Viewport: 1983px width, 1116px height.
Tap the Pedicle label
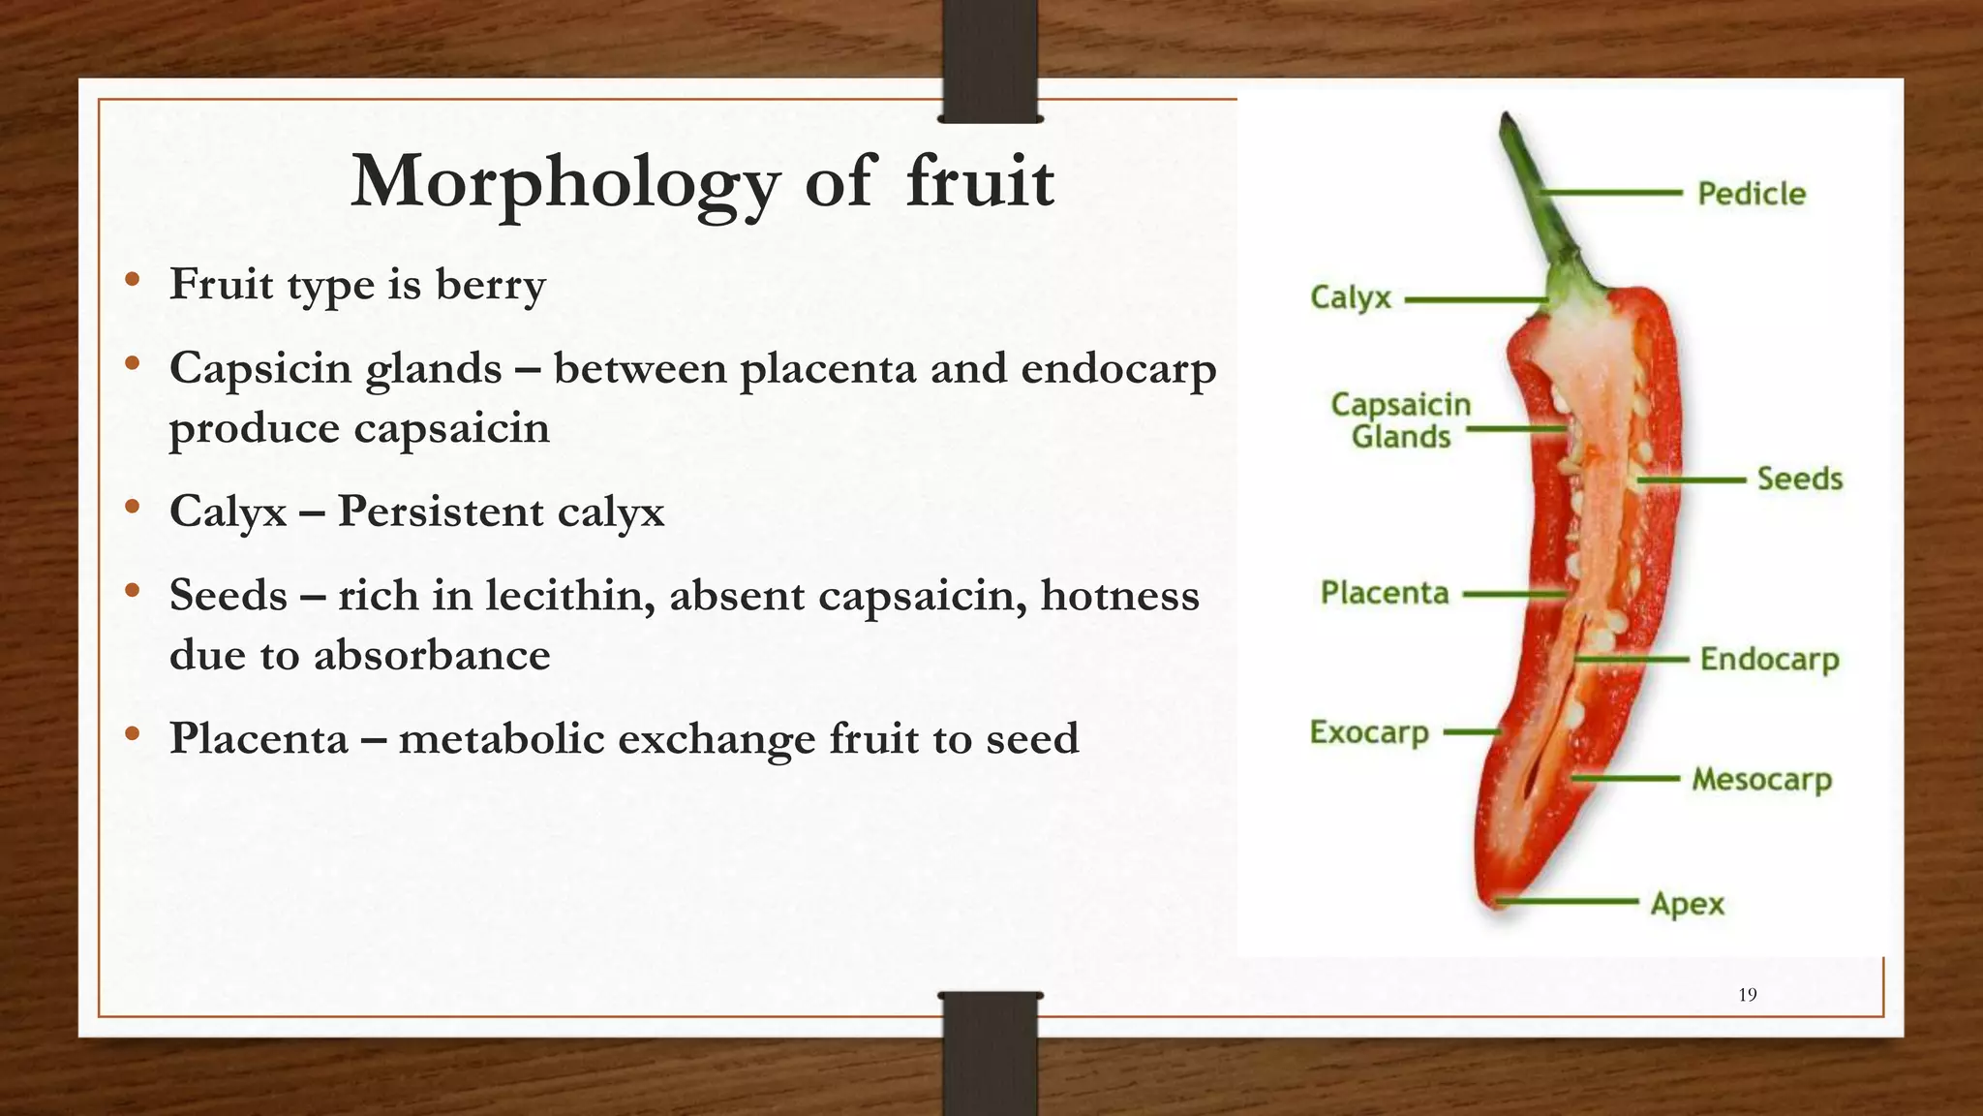pyautogui.click(x=1751, y=194)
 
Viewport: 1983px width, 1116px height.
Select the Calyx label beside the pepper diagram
pyautogui.click(x=1350, y=297)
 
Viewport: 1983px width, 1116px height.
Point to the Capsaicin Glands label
pyautogui.click(x=1400, y=420)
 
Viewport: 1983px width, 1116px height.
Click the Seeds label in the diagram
pyautogui.click(x=1799, y=479)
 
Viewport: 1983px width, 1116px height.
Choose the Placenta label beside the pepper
pyautogui.click(x=1384, y=593)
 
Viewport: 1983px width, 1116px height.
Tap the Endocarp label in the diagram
pyautogui.click(x=1769, y=660)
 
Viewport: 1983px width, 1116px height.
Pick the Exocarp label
pyautogui.click(x=1368, y=732)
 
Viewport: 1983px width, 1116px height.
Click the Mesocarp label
pyautogui.click(x=1761, y=779)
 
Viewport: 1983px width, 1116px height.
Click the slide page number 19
pyautogui.click(x=1747, y=995)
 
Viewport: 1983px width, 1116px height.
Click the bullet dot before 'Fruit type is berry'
pyautogui.click(x=133, y=281)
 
